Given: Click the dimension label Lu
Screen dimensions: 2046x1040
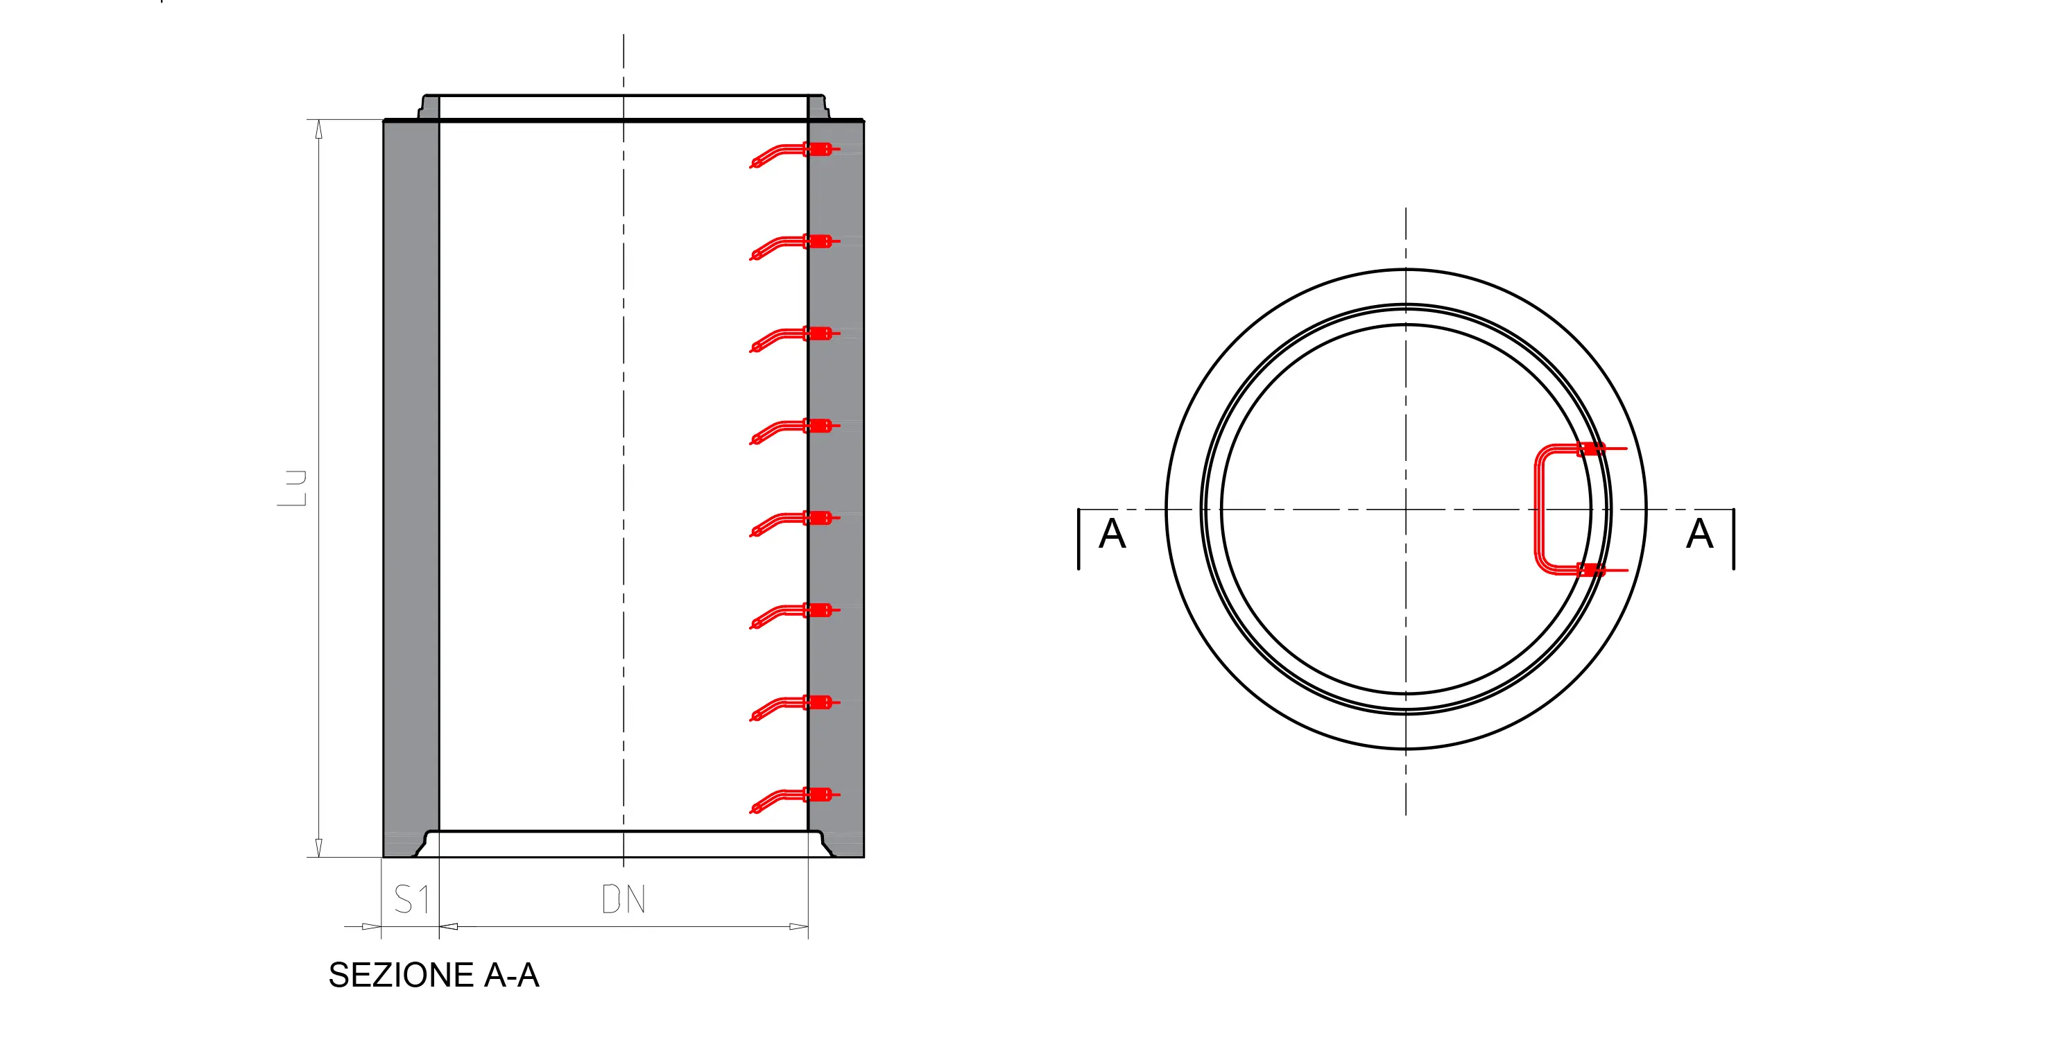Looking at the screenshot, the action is pyautogui.click(x=291, y=488).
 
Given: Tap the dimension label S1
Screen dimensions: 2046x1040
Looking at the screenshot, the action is pyautogui.click(x=412, y=899).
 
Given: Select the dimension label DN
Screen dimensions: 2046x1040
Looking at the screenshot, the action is pyautogui.click(x=624, y=899).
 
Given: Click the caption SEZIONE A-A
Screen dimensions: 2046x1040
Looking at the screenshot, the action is pyautogui.click(x=433, y=975).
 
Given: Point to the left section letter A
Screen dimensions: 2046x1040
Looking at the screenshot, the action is pyautogui.click(x=1112, y=533).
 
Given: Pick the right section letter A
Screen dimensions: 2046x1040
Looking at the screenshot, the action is pyautogui.click(x=1700, y=533).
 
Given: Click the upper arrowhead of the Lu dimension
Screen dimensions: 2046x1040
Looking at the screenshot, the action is pyautogui.click(x=319, y=130).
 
